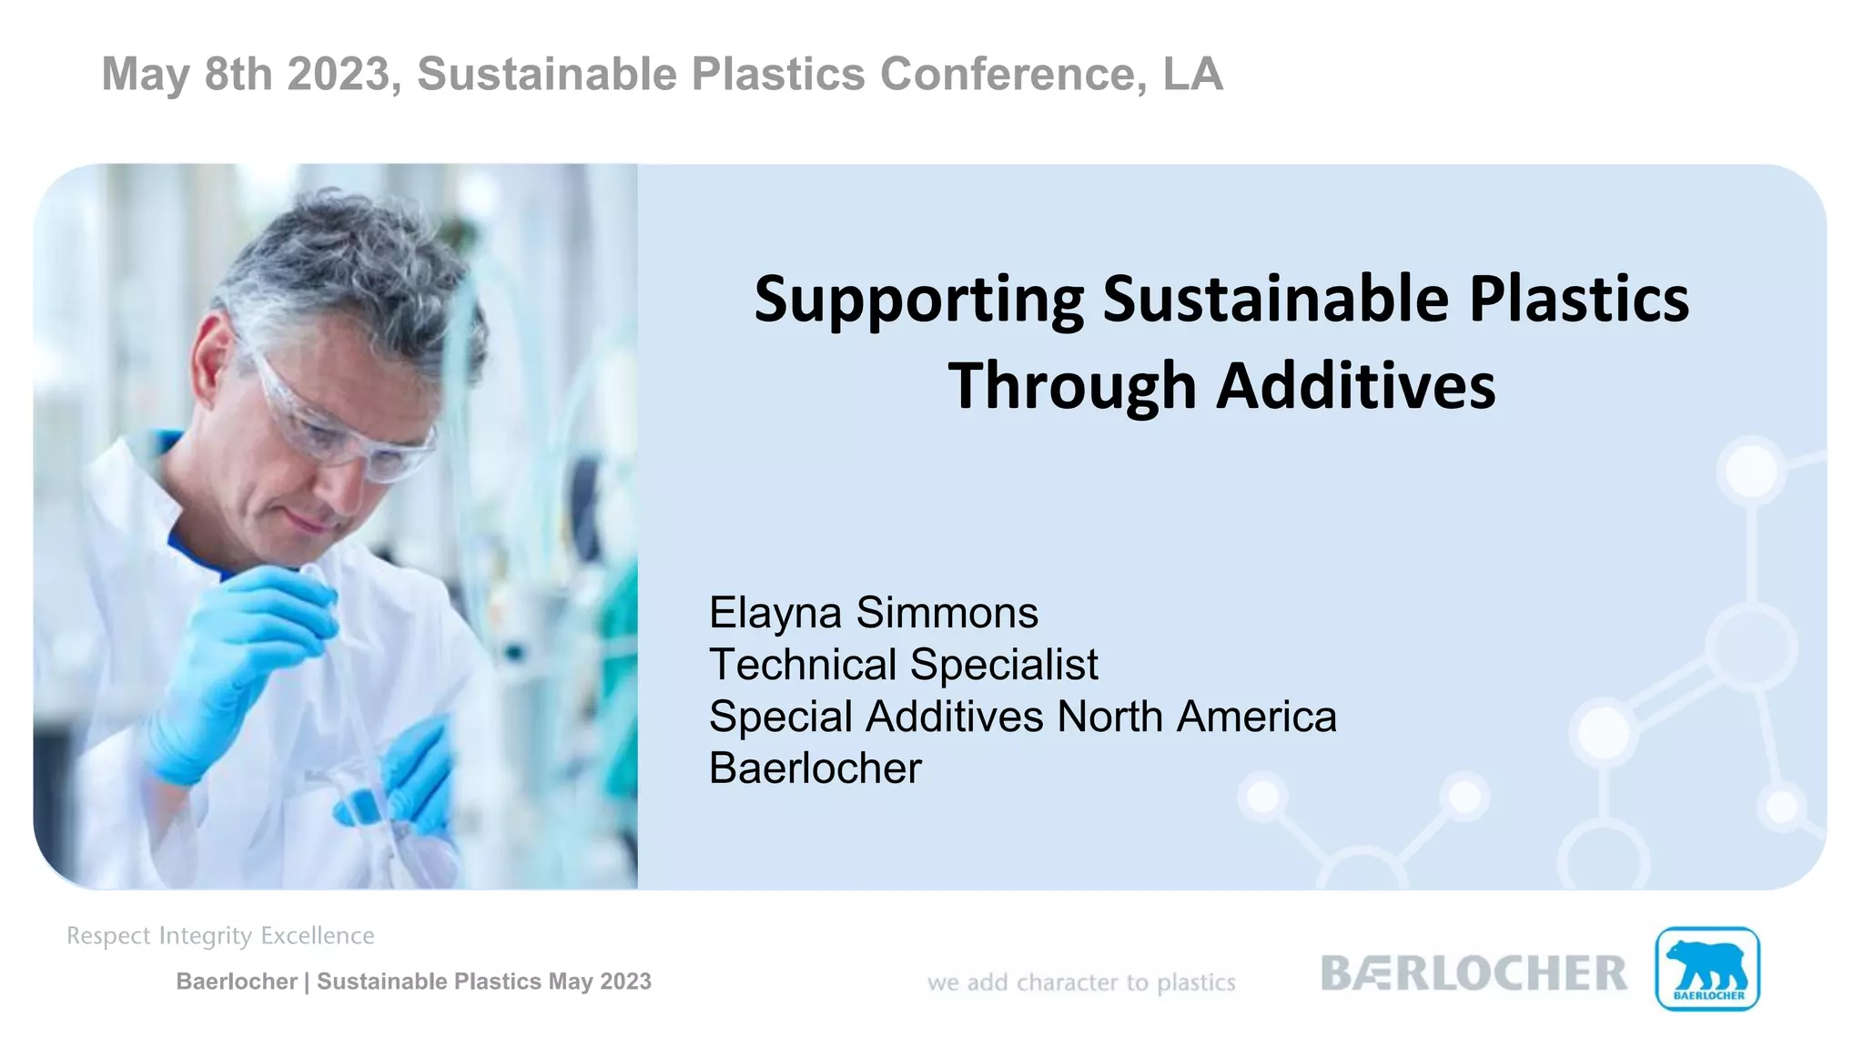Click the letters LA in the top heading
[x=1192, y=74]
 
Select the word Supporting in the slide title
[x=918, y=300]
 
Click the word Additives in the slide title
[x=1356, y=386]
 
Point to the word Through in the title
[x=1071, y=386]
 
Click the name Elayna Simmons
[x=873, y=613]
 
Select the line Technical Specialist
[x=903, y=665]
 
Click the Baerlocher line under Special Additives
[x=815, y=769]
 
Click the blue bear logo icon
[x=1707, y=969]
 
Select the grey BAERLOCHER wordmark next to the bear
[x=1473, y=973]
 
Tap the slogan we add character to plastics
[x=1081, y=983]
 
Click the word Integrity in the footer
[x=205, y=936]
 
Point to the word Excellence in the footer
[x=318, y=936]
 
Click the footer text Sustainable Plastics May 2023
[x=483, y=982]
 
